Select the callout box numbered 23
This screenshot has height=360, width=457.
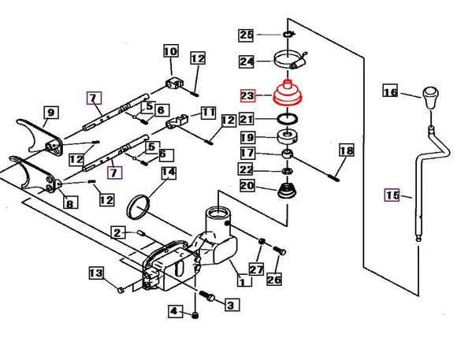[247, 96]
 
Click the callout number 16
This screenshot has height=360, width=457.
[390, 92]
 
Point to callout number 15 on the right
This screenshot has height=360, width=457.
[392, 195]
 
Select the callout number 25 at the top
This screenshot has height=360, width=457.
[247, 35]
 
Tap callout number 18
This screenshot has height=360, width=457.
[346, 150]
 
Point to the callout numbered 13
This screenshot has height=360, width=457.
[95, 273]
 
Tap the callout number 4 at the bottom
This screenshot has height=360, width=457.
[174, 312]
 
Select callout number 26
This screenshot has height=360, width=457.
[273, 278]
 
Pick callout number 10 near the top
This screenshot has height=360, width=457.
[170, 53]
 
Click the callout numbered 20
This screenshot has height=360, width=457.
[247, 187]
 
